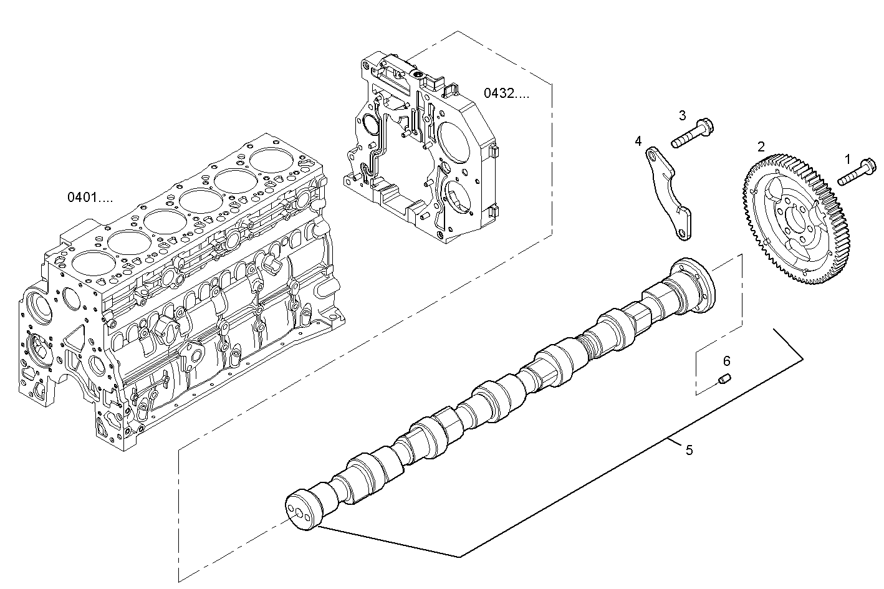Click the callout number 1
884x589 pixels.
pyautogui.click(x=847, y=160)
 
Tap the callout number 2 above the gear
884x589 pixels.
pyautogui.click(x=761, y=146)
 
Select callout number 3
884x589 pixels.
pyautogui.click(x=683, y=115)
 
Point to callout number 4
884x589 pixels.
pyautogui.click(x=638, y=141)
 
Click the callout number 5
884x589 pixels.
pyautogui.click(x=689, y=450)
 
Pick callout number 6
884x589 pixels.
pyautogui.click(x=726, y=361)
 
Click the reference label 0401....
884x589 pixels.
pyautogui.click(x=90, y=197)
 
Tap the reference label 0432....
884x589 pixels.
pyautogui.click(x=506, y=93)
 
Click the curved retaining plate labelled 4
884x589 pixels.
pyautogui.click(x=668, y=193)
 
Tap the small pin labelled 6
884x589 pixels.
pyautogui.click(x=724, y=379)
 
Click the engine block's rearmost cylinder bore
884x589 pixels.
pyautogui.click(x=271, y=160)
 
